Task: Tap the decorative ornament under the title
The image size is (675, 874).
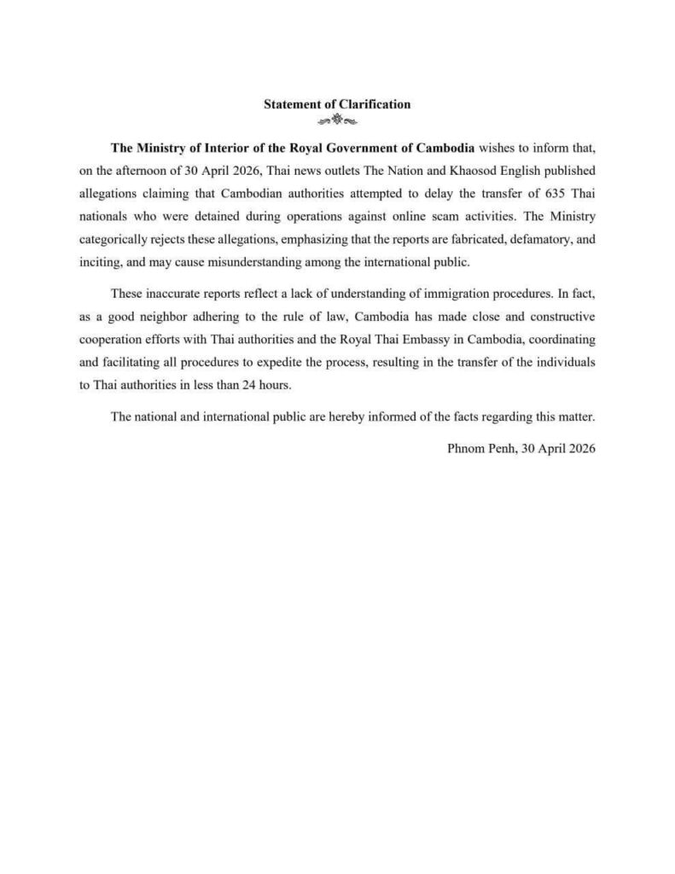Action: [x=337, y=119]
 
